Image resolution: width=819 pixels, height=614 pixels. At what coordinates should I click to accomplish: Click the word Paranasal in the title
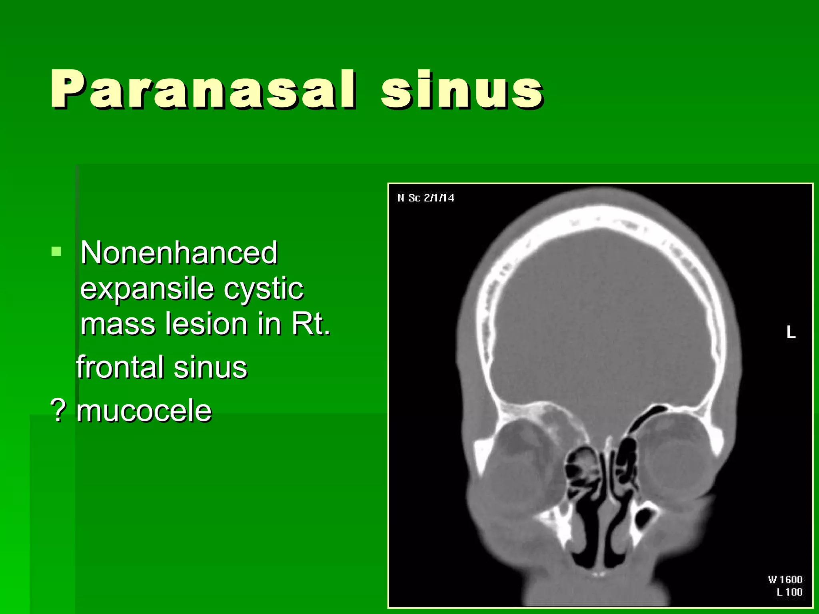point(202,89)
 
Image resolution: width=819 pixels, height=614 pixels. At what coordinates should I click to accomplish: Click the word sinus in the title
point(462,89)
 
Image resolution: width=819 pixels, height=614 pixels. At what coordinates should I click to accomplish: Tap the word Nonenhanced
point(179,253)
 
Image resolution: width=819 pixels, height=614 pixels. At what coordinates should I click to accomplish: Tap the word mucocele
point(144,411)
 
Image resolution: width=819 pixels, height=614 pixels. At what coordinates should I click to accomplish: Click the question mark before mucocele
point(58,411)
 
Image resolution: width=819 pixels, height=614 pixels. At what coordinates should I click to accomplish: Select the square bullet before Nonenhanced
point(56,251)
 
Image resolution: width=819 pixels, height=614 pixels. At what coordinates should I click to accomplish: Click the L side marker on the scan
point(791,332)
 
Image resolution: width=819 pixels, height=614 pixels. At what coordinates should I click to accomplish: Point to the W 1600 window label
point(785,580)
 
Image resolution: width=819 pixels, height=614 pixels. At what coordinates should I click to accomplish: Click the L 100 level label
point(789,592)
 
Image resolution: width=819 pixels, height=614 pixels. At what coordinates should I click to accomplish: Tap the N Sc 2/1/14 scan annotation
point(425,198)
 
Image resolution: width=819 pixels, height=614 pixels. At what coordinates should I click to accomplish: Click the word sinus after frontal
point(210,367)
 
